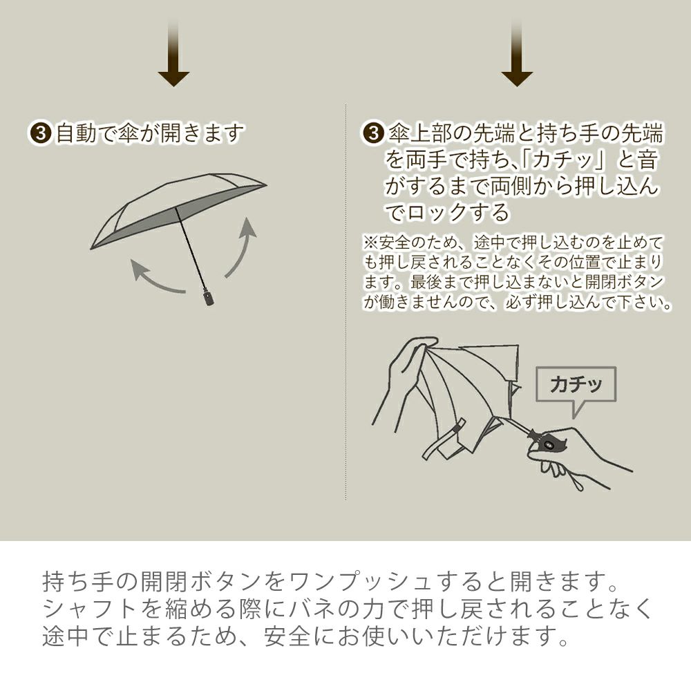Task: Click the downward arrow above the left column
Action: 173,53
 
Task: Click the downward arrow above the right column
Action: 517,53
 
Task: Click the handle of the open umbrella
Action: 209,296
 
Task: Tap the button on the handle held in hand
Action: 549,444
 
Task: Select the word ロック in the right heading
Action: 436,213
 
